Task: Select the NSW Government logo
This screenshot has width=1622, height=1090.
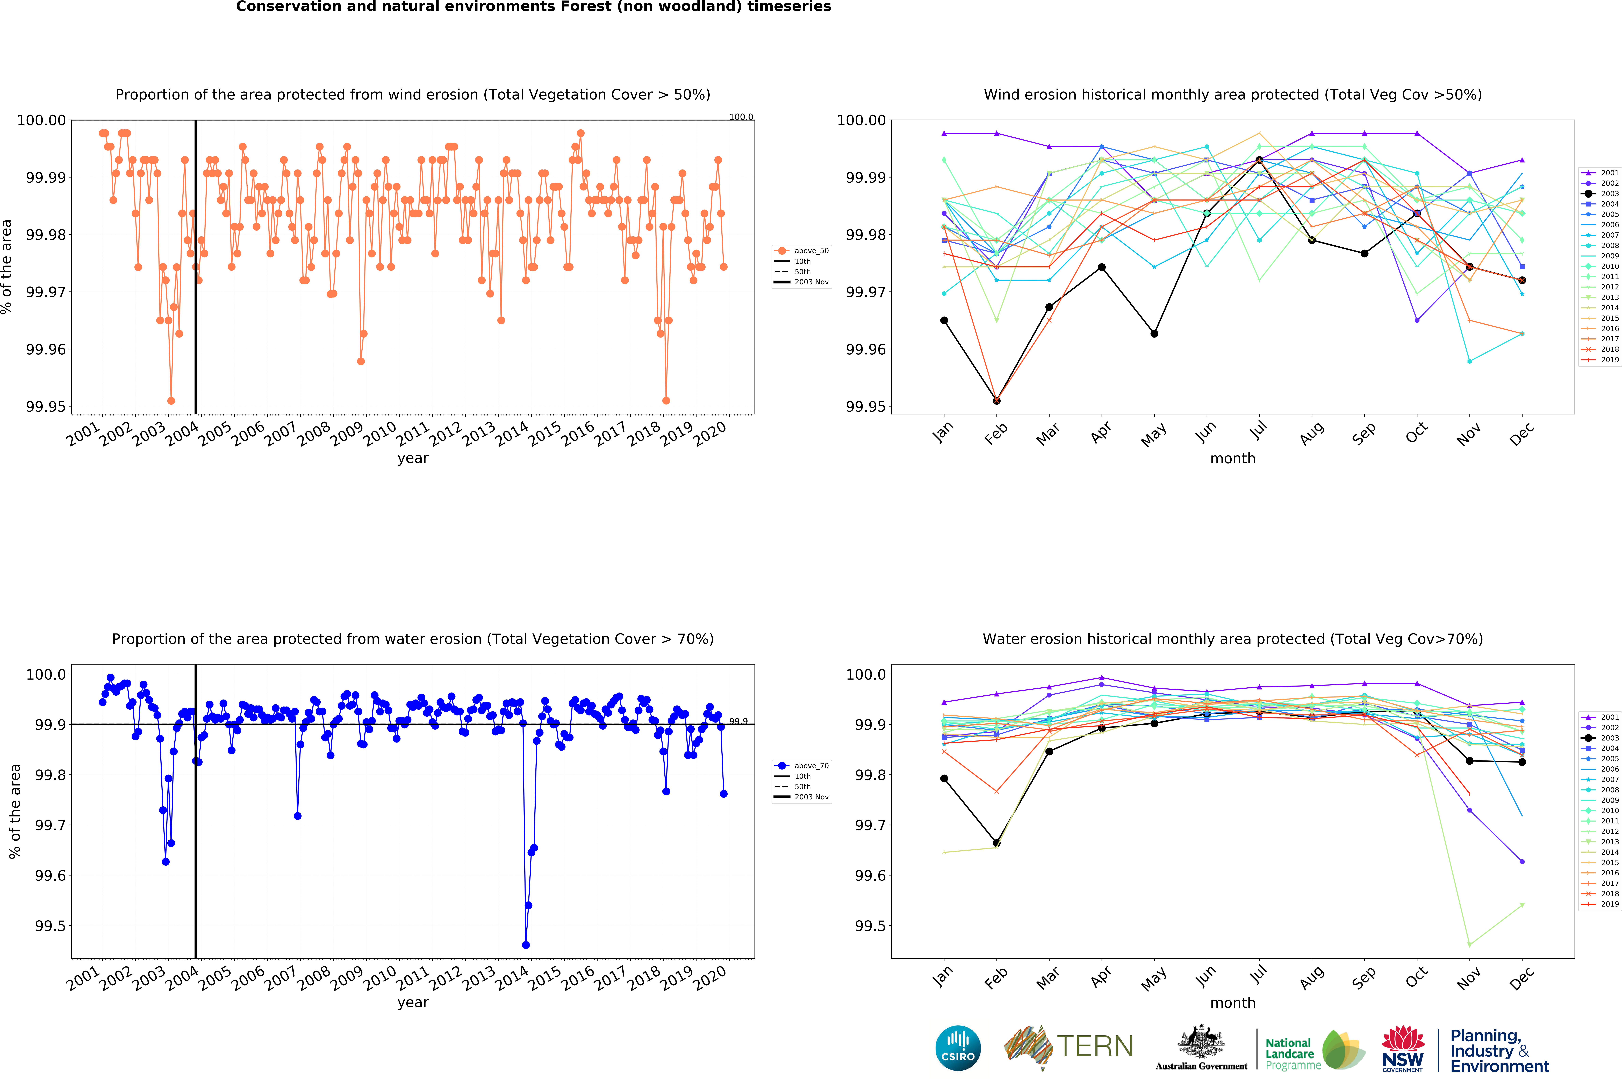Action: (1402, 1048)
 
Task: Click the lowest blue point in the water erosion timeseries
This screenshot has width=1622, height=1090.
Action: (525, 945)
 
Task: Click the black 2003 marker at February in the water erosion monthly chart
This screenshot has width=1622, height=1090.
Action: (996, 843)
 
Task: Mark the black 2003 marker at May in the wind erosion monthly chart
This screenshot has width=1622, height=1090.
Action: (1154, 334)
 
